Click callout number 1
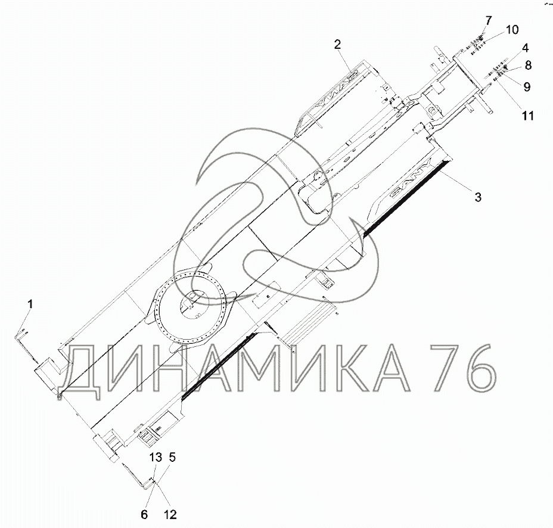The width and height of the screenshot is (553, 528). click(x=30, y=304)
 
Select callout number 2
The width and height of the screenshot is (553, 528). click(x=337, y=45)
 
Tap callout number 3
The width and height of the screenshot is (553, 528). click(x=477, y=197)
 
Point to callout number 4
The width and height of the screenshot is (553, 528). click(x=525, y=48)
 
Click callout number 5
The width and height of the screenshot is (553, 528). click(x=172, y=458)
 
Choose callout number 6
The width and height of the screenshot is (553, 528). click(x=144, y=515)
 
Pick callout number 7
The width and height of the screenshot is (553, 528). click(x=488, y=20)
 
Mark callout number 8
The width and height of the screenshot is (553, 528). click(x=528, y=66)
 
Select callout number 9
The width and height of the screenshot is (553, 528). click(x=527, y=86)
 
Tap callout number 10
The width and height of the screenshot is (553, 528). click(x=512, y=30)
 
